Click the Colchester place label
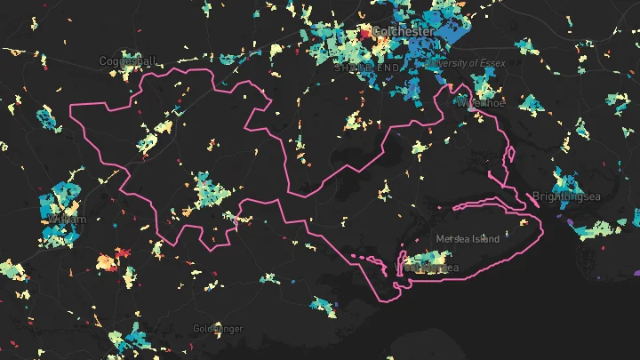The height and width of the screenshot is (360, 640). click(x=404, y=31)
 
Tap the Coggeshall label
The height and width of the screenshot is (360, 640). click(x=127, y=61)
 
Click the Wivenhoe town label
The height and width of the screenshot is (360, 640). click(x=479, y=102)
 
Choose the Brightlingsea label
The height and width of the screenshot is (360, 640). click(x=568, y=196)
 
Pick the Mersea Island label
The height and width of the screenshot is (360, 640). click(x=468, y=239)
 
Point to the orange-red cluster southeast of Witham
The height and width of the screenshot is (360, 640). click(x=108, y=262)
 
